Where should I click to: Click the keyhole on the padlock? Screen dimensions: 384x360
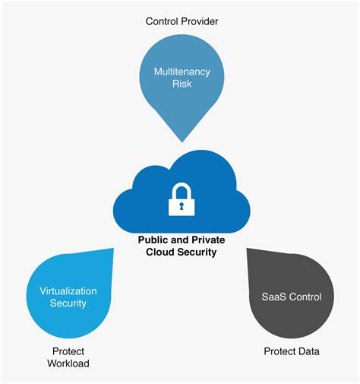point(180,204)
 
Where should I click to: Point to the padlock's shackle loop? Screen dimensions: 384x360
point(180,189)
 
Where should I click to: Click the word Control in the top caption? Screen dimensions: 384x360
point(162,21)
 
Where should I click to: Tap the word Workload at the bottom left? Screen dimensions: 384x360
point(68,364)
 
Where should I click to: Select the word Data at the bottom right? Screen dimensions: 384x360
point(308,351)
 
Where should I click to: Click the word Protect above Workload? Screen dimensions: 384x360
point(68,351)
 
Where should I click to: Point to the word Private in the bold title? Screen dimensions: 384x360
point(207,239)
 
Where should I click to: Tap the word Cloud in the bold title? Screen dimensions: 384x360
point(159,252)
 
